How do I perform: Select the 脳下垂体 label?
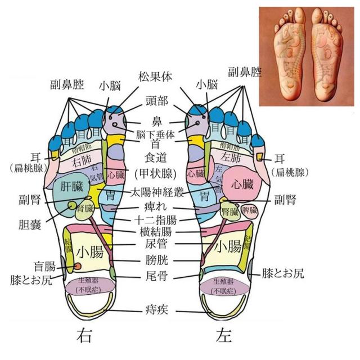click(x=157, y=134)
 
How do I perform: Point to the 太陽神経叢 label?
click(x=157, y=192)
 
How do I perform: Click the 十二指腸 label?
click(x=157, y=220)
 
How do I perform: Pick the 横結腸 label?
click(x=157, y=232)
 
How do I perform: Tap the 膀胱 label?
click(x=157, y=260)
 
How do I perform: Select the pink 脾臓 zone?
click(x=250, y=210)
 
